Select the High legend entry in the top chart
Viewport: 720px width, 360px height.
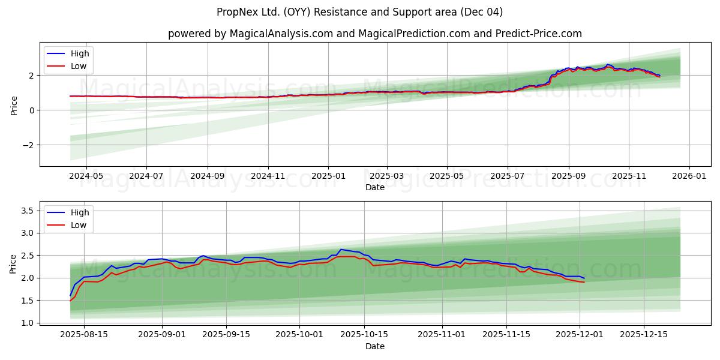79,53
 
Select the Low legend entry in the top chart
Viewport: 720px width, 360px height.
78,66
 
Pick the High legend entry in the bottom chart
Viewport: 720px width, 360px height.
79,212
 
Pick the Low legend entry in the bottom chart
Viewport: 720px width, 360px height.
78,225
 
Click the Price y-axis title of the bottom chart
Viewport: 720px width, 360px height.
13,263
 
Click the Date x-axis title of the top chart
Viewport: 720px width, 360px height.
374,187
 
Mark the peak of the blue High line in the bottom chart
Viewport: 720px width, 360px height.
341,249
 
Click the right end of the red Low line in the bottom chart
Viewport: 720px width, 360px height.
584,282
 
